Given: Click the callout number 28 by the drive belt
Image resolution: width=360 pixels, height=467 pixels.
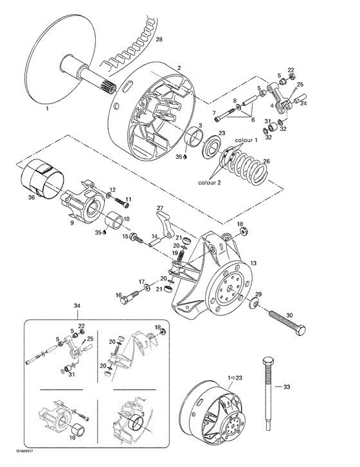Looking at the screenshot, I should (159, 40).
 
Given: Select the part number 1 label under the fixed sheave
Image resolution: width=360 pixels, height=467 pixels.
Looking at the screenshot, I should (46, 110).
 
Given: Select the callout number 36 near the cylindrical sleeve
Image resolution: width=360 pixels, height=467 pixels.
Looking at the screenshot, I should (32, 198).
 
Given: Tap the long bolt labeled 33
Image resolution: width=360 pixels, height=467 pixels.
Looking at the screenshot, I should (267, 385).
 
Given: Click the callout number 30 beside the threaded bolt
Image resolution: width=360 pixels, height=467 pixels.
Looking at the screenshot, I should (289, 315).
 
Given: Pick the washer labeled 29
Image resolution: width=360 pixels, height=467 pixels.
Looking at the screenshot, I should (255, 303).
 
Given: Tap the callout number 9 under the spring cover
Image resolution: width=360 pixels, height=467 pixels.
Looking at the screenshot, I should (71, 224).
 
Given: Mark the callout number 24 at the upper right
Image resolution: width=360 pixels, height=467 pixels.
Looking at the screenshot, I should (305, 103).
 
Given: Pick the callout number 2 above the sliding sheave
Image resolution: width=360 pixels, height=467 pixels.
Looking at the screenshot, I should (179, 67).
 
